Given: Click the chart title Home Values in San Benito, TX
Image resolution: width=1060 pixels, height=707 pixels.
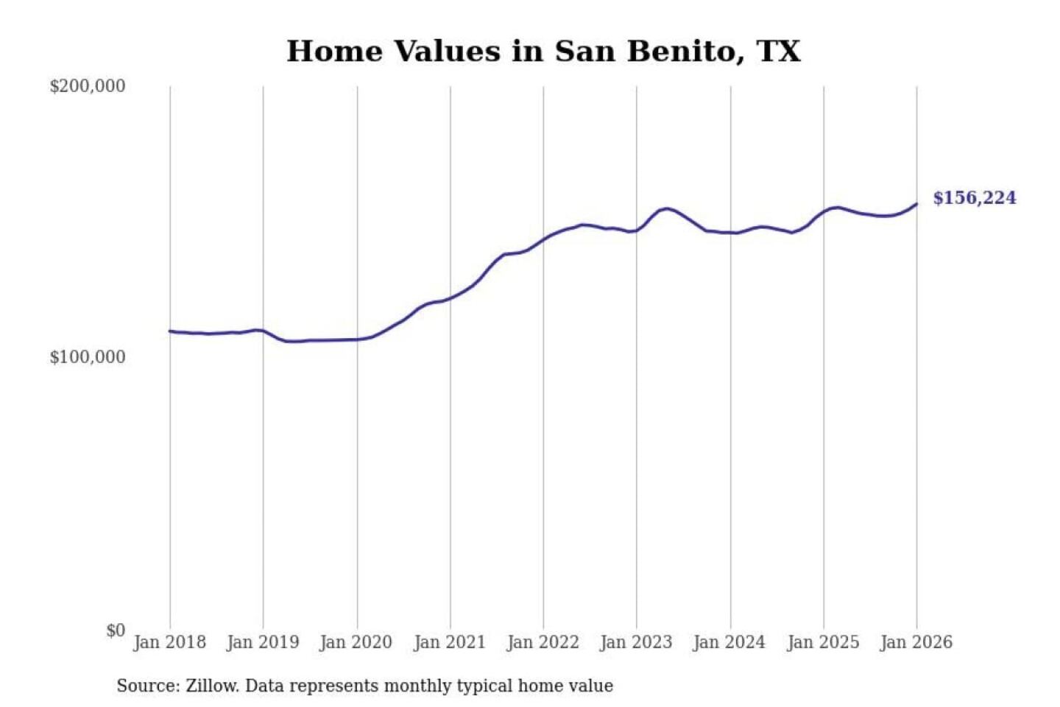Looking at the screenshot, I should (543, 52).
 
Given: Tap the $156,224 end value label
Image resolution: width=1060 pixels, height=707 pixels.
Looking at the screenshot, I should (974, 198).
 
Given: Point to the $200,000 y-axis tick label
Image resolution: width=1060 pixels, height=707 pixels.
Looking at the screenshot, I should (87, 86).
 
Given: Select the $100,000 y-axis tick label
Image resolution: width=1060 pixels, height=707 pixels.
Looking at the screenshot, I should (87, 357).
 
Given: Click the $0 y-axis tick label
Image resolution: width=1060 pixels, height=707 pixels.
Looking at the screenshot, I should (115, 630).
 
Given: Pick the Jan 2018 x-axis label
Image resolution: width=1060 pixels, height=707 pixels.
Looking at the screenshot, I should (169, 642).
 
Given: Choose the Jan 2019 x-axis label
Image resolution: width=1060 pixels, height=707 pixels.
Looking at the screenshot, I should (263, 642).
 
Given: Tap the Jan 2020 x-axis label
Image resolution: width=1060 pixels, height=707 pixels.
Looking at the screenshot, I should (356, 642).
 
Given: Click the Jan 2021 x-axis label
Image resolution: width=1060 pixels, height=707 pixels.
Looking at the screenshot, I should (450, 642).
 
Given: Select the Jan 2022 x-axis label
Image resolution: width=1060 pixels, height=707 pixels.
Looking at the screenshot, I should (543, 642).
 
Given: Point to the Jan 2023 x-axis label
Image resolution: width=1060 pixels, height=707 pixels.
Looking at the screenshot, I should (636, 642).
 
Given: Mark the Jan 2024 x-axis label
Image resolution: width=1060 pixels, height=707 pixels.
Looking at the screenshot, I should (729, 642).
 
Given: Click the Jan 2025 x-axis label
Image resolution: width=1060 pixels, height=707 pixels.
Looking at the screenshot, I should (823, 642).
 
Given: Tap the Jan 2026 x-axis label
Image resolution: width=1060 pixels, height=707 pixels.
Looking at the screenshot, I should (916, 642).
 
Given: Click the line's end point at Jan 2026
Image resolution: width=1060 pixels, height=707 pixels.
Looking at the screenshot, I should (916, 204).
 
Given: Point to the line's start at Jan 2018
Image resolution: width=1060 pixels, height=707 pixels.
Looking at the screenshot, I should (170, 331).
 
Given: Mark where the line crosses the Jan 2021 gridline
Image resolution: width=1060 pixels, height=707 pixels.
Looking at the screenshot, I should (451, 298).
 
